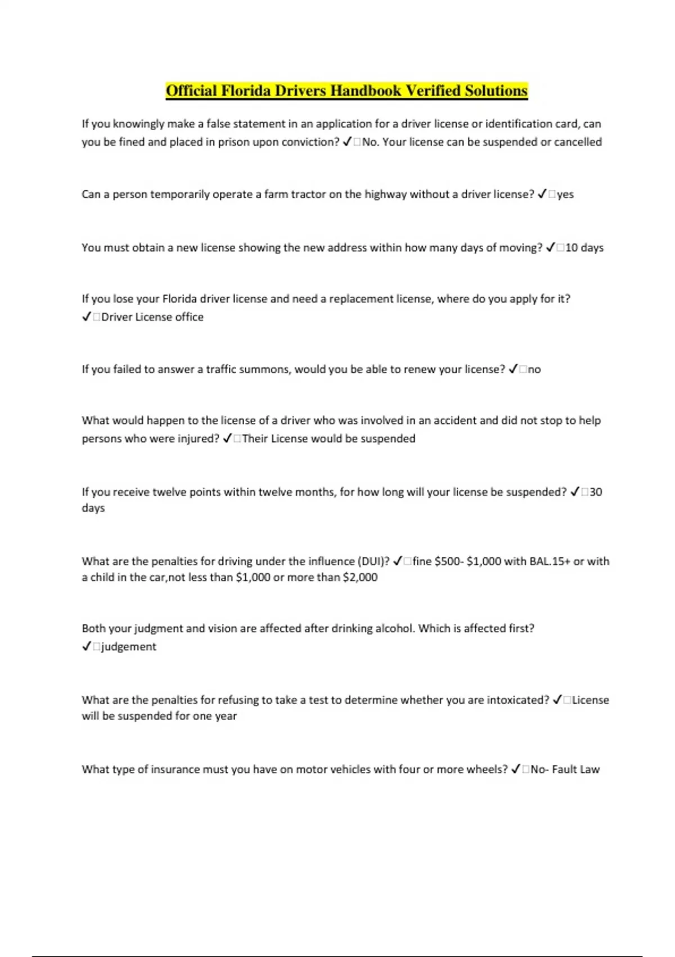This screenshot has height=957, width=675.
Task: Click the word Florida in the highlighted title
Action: [x=245, y=91]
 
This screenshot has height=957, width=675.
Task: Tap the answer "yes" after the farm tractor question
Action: [x=565, y=194]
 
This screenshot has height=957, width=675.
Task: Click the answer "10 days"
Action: [x=584, y=248]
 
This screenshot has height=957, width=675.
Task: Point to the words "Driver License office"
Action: [x=152, y=317]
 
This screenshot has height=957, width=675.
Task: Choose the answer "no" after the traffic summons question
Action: [x=534, y=369]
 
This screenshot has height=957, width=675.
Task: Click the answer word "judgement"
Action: [x=129, y=646]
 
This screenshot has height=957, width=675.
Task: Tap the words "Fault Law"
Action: [x=576, y=769]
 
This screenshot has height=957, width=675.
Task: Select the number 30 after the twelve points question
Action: [x=596, y=492]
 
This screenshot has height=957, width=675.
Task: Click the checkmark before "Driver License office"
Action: [x=86, y=317]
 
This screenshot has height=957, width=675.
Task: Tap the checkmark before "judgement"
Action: [x=86, y=646]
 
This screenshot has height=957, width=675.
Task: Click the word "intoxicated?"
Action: [x=518, y=700]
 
